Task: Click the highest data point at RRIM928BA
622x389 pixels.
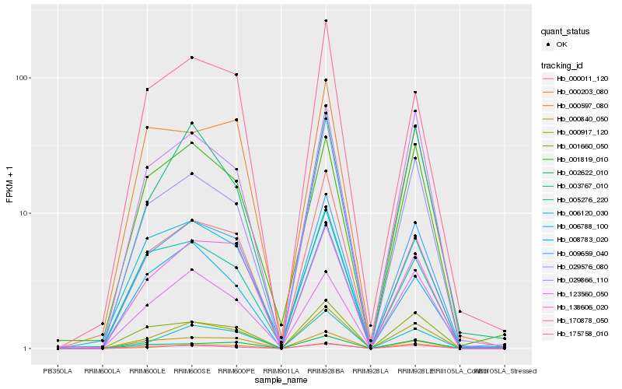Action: (326, 20)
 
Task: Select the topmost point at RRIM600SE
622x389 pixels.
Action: (191, 58)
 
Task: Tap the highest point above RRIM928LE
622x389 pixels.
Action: (415, 93)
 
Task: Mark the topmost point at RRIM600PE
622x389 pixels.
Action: (236, 75)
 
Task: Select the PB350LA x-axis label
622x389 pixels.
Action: (58, 371)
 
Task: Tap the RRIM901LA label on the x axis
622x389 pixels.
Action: (281, 371)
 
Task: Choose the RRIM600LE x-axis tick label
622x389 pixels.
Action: (147, 371)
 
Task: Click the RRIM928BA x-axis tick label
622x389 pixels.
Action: (326, 371)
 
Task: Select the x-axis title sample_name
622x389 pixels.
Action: (281, 381)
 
